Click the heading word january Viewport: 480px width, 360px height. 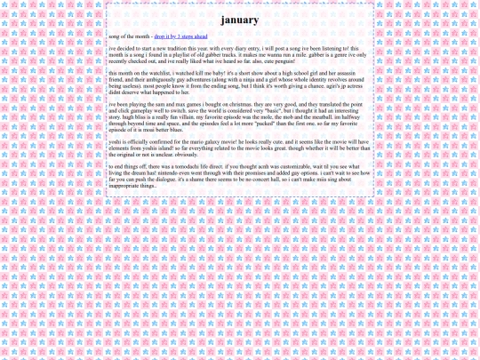click(240, 20)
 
